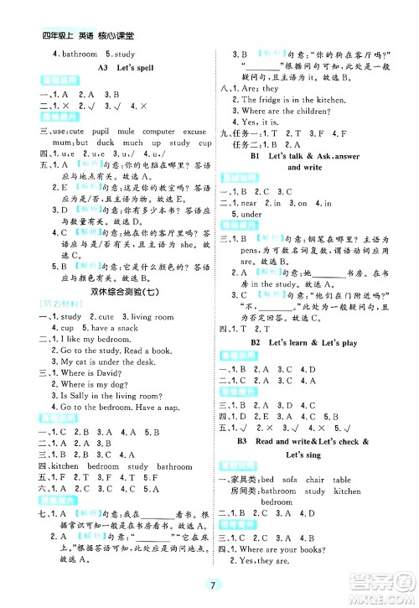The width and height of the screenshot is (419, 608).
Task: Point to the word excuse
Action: (194, 131)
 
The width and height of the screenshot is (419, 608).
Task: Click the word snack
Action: (121, 328)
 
